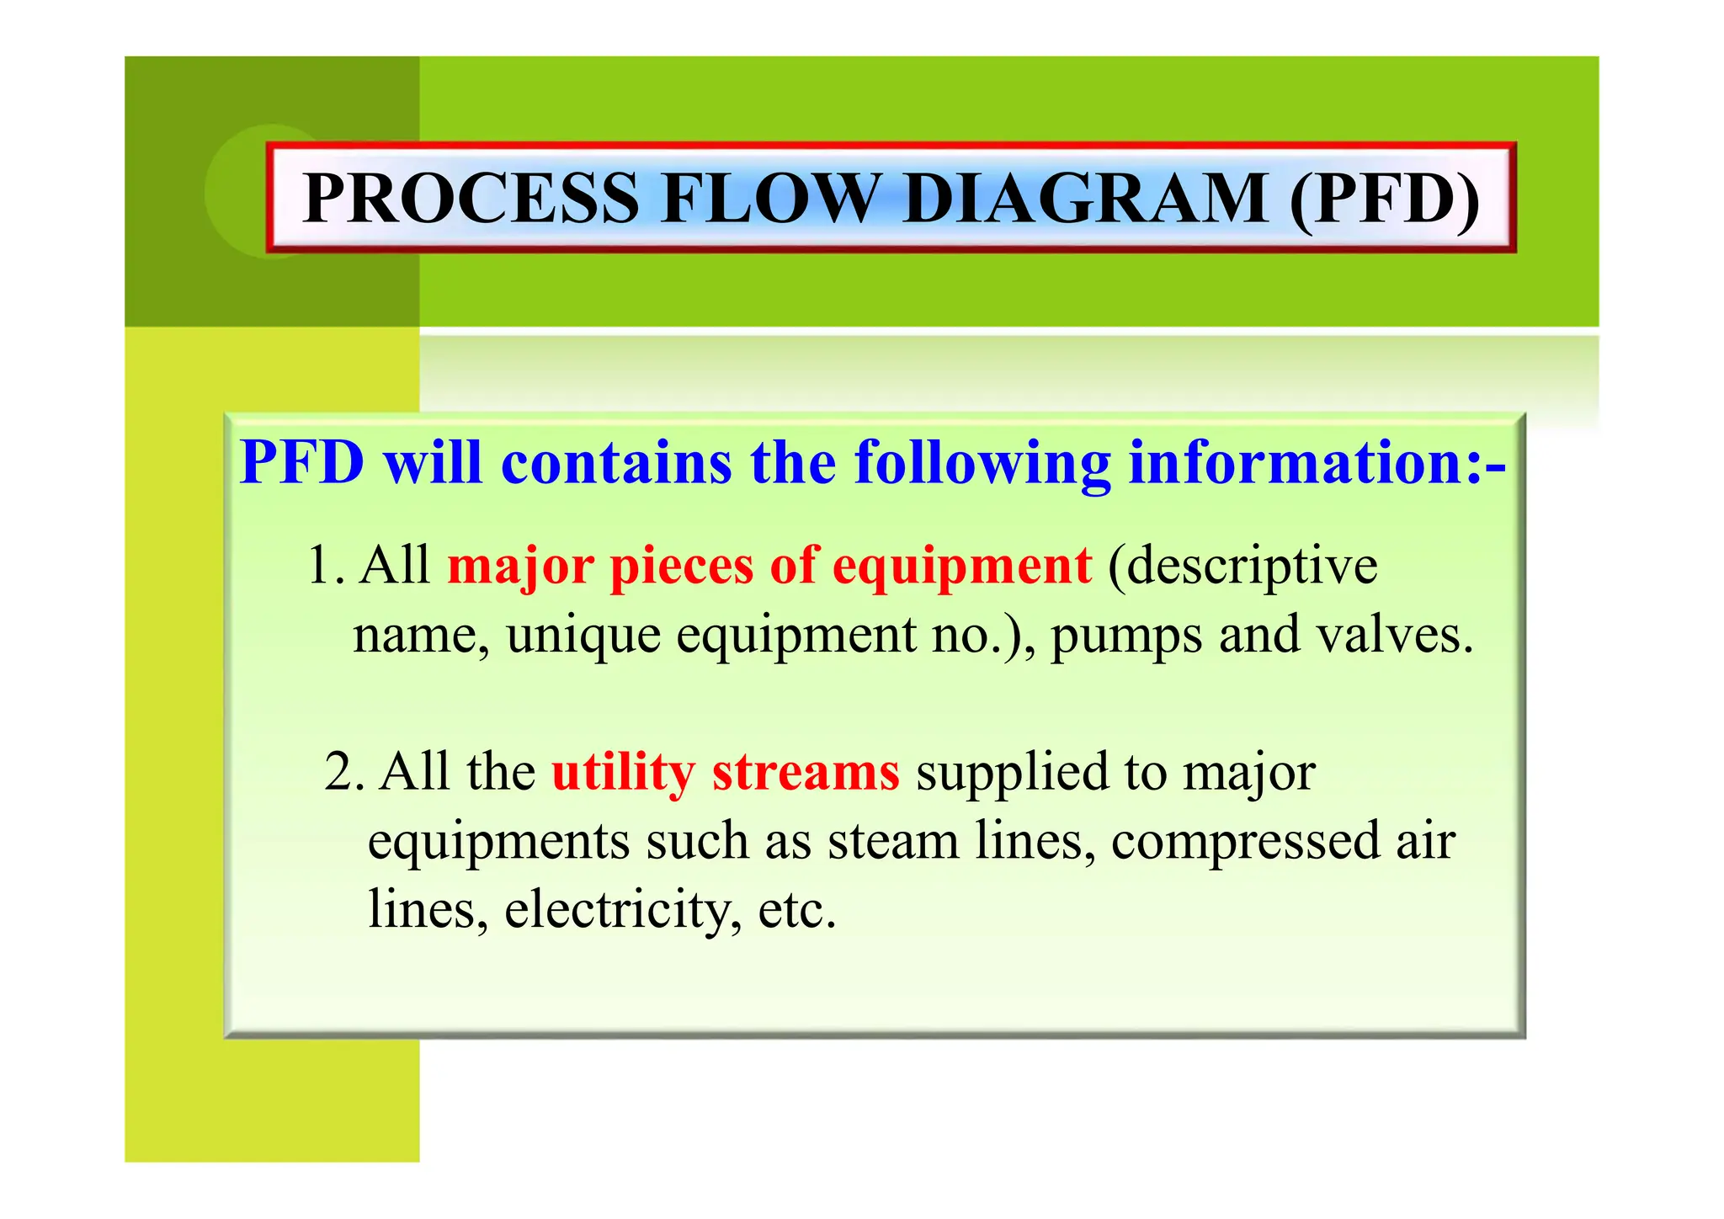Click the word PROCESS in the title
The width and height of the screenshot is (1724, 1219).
[x=471, y=199]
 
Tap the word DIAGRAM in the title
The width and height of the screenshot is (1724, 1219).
[x=1085, y=199]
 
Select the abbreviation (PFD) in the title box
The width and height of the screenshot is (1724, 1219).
[x=1384, y=199]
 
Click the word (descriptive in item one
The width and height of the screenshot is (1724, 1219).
[x=1242, y=566]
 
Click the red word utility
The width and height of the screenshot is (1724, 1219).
[x=622, y=773]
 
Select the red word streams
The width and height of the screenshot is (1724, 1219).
[x=806, y=773]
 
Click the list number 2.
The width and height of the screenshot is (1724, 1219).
[x=343, y=771]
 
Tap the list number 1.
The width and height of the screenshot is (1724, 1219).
[x=325, y=566]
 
